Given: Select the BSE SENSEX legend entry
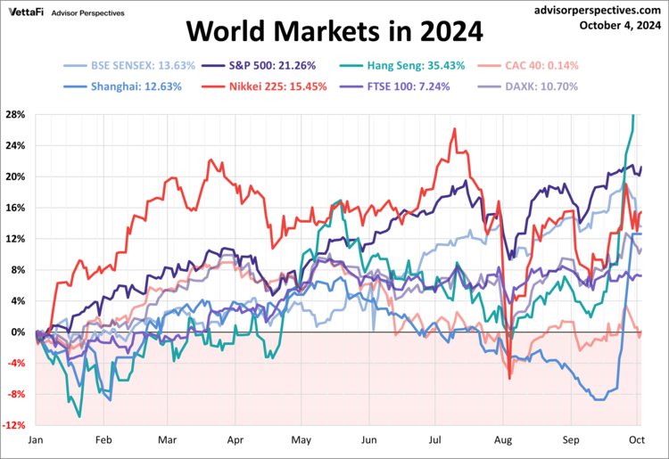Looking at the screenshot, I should pyautogui.click(x=125, y=65).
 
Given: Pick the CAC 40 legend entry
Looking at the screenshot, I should pyautogui.click(x=512, y=65).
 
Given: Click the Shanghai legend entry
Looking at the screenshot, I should pyautogui.click(x=125, y=86).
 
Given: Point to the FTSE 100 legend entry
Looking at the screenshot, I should pyautogui.click(x=396, y=86).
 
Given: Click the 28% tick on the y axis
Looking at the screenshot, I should pyautogui.click(x=14, y=114).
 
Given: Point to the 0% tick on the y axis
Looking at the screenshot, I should pyautogui.click(x=17, y=332).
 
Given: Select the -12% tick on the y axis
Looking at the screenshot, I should pyautogui.click(x=13, y=425).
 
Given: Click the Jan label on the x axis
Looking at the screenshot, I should pyautogui.click(x=37, y=440).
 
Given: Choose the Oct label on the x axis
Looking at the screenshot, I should pyautogui.click(x=638, y=440).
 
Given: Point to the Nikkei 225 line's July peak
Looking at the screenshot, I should pyautogui.click(x=455, y=128).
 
